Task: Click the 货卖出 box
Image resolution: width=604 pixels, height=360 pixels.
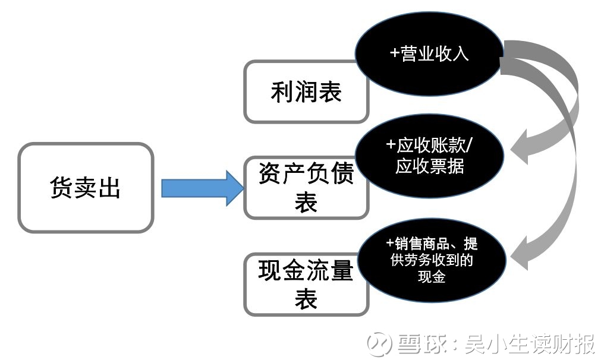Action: tap(86, 188)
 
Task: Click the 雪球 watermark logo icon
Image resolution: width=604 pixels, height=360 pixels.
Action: tap(378, 343)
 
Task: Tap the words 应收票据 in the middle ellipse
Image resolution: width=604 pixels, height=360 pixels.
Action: tap(429, 166)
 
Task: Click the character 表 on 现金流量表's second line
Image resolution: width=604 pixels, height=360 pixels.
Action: tap(306, 299)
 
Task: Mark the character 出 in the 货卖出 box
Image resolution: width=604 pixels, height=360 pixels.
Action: tap(109, 188)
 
